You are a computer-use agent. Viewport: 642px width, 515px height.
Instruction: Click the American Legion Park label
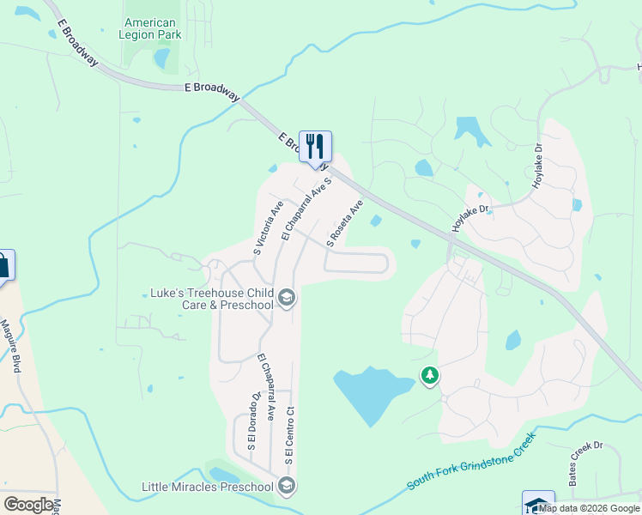pos(150,28)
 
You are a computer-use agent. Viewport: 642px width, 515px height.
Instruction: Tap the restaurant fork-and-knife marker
pos(315,147)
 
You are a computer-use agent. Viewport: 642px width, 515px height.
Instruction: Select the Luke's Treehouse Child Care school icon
pos(287,299)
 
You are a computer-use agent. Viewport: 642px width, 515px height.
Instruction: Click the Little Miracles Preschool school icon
pos(287,487)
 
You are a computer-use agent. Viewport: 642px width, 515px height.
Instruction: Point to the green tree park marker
pos(430,376)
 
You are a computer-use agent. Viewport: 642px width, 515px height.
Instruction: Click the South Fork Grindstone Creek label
pos(471,460)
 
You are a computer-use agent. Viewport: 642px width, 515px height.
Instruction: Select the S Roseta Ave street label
pos(344,221)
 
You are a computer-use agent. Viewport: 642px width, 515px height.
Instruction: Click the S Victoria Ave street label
pos(268,228)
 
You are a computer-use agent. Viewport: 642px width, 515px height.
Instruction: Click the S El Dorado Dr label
pos(254,421)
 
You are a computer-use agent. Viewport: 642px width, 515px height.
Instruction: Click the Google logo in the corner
pos(28,505)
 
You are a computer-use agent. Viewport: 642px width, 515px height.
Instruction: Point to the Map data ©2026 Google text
pos(589,508)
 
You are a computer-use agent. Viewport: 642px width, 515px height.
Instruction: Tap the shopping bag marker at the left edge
pos(3,265)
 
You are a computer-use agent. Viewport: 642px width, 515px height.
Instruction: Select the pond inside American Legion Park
pos(160,58)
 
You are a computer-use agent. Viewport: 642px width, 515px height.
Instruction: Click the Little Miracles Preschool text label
pos(209,487)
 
